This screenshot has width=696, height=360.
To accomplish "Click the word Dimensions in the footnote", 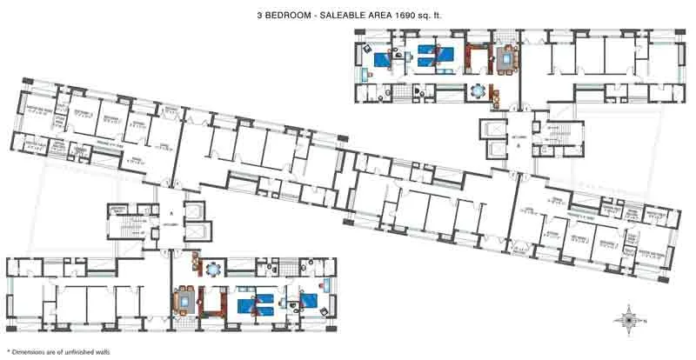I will click(x=25, y=351).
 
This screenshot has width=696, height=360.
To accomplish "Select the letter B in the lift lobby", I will click(x=517, y=146).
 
